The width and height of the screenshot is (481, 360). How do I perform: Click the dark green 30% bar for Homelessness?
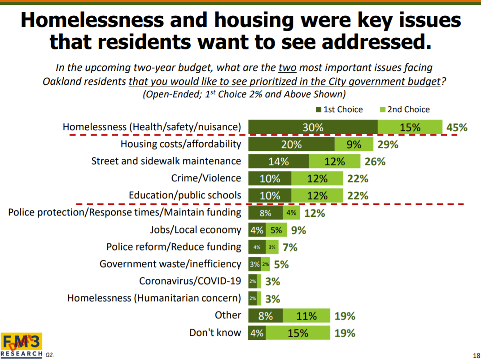click(313, 127)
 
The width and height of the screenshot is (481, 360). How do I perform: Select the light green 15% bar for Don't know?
click(298, 333)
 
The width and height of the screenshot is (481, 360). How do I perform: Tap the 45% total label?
click(457, 127)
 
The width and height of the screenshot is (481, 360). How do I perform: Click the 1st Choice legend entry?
click(339, 110)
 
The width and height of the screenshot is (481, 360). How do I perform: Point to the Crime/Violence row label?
click(206, 178)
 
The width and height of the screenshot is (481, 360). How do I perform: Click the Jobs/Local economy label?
click(196, 230)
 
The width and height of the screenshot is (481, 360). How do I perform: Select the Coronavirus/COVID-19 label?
click(190, 281)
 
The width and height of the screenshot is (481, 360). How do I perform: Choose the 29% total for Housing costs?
click(388, 145)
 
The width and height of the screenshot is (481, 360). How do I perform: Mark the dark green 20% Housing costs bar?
click(291, 145)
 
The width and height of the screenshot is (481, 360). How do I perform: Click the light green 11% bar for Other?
click(306, 316)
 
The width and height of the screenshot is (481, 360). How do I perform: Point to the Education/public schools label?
click(185, 196)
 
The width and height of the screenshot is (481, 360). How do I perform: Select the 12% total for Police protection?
click(315, 213)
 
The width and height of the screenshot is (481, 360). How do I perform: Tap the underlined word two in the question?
click(287, 68)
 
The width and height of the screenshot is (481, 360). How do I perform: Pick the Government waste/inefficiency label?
click(171, 264)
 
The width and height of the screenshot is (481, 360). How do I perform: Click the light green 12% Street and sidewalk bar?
click(334, 162)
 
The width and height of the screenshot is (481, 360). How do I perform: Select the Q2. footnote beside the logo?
click(49, 355)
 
